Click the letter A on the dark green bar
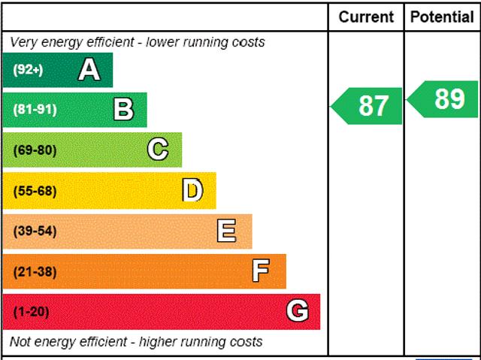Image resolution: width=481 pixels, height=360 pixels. (89, 70)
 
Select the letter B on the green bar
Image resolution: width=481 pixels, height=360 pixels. (123, 110)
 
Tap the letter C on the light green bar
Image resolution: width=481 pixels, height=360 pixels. (158, 150)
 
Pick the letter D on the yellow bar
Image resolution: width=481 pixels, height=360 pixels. (192, 191)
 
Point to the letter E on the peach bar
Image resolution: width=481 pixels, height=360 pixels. (226, 231)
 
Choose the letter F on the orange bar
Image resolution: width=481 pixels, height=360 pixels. (260, 271)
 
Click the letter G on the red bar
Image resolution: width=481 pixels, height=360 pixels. (297, 311)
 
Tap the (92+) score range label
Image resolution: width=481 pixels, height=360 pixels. (28, 70)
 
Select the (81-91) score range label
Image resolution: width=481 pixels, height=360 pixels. (35, 110)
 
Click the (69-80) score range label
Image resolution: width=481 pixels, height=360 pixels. (35, 150)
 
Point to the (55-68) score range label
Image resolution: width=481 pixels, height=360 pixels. (35, 191)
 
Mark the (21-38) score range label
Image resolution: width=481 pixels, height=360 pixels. (35, 271)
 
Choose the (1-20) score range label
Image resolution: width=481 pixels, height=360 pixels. (31, 312)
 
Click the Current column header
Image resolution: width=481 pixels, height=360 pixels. (366, 17)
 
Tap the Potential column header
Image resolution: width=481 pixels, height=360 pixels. (442, 17)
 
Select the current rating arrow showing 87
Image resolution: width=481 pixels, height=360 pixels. (368, 106)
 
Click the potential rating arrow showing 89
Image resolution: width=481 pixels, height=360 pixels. (444, 98)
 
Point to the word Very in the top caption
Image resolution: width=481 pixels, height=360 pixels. (25, 42)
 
